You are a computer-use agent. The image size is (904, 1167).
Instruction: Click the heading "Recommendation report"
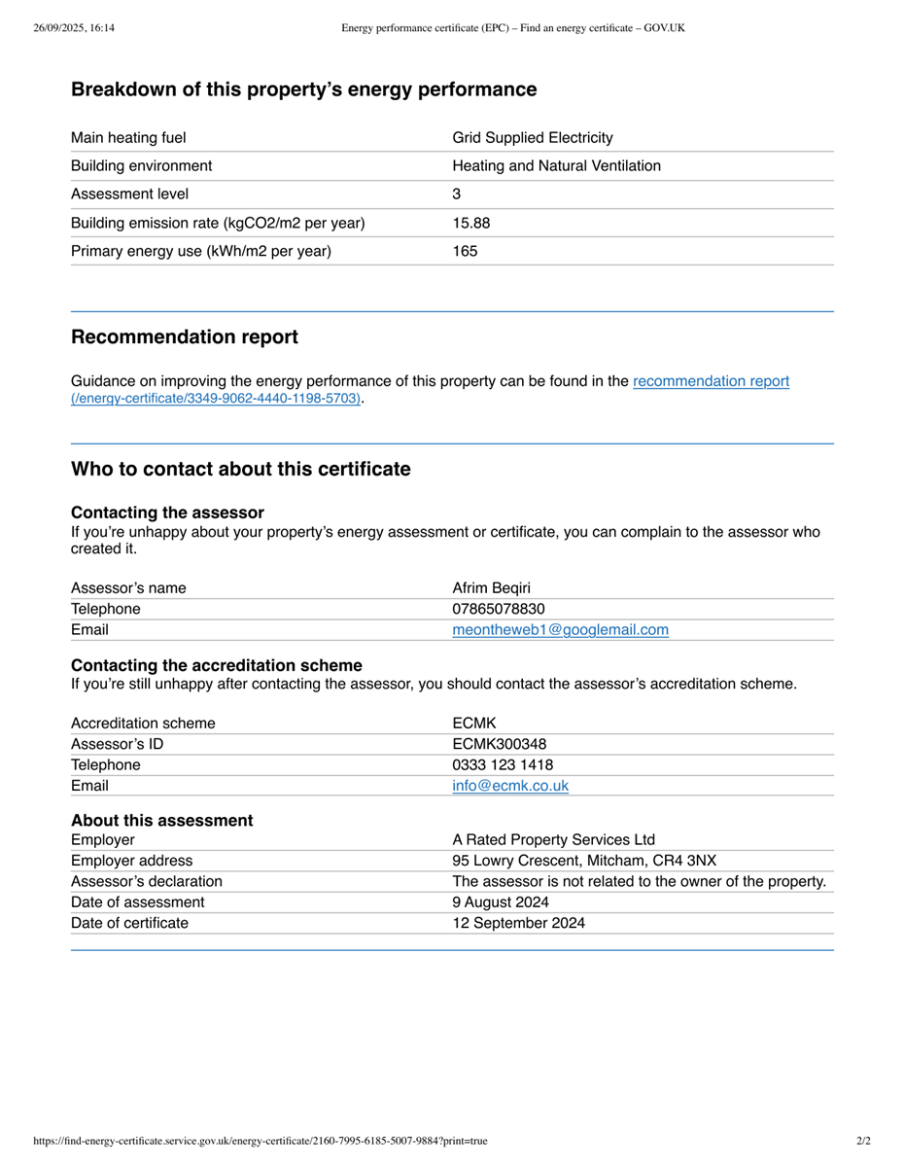coord(185,337)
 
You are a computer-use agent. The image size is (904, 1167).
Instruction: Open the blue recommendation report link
coord(711,381)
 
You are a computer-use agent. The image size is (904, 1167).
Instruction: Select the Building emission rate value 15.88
coord(471,223)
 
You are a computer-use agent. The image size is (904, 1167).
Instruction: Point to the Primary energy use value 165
coord(465,251)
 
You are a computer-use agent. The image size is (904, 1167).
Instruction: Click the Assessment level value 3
coord(457,194)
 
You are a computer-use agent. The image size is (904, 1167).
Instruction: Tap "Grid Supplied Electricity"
coord(533,138)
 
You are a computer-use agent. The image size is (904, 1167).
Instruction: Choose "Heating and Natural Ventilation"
coord(556,166)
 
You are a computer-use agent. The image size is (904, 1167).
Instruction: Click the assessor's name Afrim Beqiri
coord(491,587)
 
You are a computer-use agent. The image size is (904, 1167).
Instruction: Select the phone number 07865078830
coord(499,609)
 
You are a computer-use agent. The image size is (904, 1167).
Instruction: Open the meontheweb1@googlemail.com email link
coord(560,630)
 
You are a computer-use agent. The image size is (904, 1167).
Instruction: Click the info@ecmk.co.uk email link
coord(510,786)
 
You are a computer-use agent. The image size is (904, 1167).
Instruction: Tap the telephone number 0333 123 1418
coord(503,765)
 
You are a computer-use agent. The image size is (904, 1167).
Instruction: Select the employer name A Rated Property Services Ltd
coord(553,840)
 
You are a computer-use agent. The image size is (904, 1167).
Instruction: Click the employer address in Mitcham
coord(584,861)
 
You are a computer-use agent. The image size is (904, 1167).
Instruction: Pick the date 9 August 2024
coord(501,902)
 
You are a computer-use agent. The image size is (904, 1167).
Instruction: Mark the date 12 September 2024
coord(519,923)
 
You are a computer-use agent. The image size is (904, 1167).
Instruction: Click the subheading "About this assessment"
coord(161,821)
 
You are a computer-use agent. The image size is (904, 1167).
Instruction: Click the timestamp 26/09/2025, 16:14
coord(74,28)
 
